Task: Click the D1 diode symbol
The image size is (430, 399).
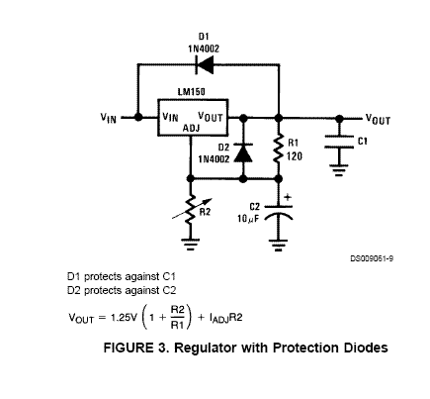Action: (x=205, y=65)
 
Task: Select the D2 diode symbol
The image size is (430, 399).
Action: (x=243, y=152)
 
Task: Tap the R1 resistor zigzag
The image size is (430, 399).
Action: (x=279, y=148)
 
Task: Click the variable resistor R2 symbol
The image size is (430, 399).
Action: (x=191, y=209)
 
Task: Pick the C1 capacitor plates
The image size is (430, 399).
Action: (x=339, y=142)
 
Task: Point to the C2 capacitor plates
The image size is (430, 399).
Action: (x=279, y=213)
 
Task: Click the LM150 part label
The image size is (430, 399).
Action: (x=191, y=91)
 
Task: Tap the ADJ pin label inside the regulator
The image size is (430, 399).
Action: (x=191, y=128)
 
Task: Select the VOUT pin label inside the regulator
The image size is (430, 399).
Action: (x=211, y=117)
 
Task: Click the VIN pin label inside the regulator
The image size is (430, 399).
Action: (x=170, y=117)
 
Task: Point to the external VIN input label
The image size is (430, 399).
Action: (x=109, y=118)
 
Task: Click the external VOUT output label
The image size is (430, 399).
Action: (x=378, y=119)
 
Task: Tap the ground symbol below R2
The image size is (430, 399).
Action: (x=191, y=245)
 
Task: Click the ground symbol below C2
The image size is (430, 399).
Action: (x=279, y=246)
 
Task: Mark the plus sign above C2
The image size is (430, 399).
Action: (x=288, y=197)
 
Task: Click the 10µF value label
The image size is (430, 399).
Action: (x=248, y=219)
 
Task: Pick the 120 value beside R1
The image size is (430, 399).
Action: (x=295, y=155)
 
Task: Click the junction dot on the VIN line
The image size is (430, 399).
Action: (x=138, y=117)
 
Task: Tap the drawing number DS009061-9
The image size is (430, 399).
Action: (x=372, y=258)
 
